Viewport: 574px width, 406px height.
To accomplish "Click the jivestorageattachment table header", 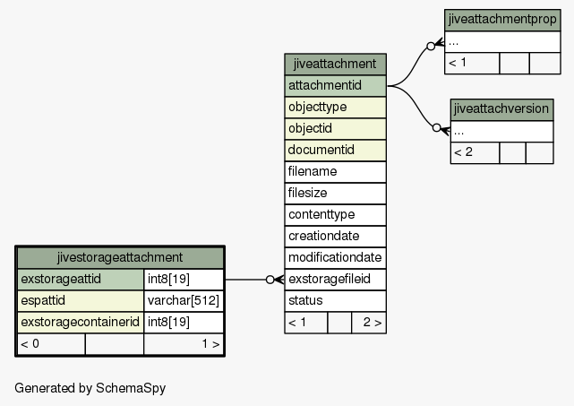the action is point(120,257).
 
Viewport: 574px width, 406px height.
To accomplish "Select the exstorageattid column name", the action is point(61,279).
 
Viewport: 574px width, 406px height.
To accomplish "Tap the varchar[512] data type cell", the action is point(184,300).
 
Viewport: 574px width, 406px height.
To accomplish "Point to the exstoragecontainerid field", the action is point(81,322).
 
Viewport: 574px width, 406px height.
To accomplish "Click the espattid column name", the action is point(43,300).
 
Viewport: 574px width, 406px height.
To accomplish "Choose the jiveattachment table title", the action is point(335,64).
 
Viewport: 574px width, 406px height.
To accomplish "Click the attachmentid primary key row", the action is point(335,86).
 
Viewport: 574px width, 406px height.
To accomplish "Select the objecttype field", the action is point(335,108).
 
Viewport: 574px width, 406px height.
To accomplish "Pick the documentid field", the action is point(335,151).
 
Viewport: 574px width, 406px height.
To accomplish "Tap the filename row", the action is point(335,172).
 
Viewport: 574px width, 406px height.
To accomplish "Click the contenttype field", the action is point(335,215).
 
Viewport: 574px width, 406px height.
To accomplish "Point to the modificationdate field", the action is point(335,257).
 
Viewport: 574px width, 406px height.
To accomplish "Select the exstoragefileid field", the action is point(335,280).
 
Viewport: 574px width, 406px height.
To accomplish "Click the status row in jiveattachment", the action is point(335,301).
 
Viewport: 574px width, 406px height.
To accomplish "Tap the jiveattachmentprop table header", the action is point(502,20).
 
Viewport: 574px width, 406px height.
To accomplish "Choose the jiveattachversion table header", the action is point(501,109).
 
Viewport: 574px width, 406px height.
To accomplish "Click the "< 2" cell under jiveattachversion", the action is point(475,152).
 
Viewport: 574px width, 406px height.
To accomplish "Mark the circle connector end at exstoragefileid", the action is point(270,280).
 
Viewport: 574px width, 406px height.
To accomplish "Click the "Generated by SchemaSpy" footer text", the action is point(90,388).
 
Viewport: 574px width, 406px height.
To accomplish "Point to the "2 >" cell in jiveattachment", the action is point(369,323).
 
